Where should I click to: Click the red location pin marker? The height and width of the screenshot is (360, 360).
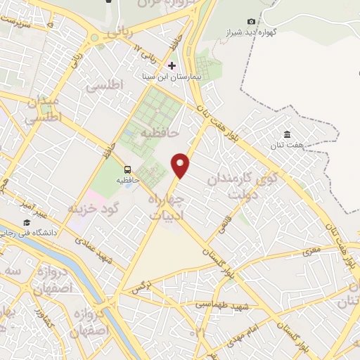(181, 165)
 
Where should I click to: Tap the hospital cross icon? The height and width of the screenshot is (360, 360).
(172, 65)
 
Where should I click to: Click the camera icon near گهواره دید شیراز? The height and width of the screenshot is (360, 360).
(252, 22)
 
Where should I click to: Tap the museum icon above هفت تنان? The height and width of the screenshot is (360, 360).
(287, 134)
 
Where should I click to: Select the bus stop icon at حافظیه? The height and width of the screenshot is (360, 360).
(127, 169)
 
